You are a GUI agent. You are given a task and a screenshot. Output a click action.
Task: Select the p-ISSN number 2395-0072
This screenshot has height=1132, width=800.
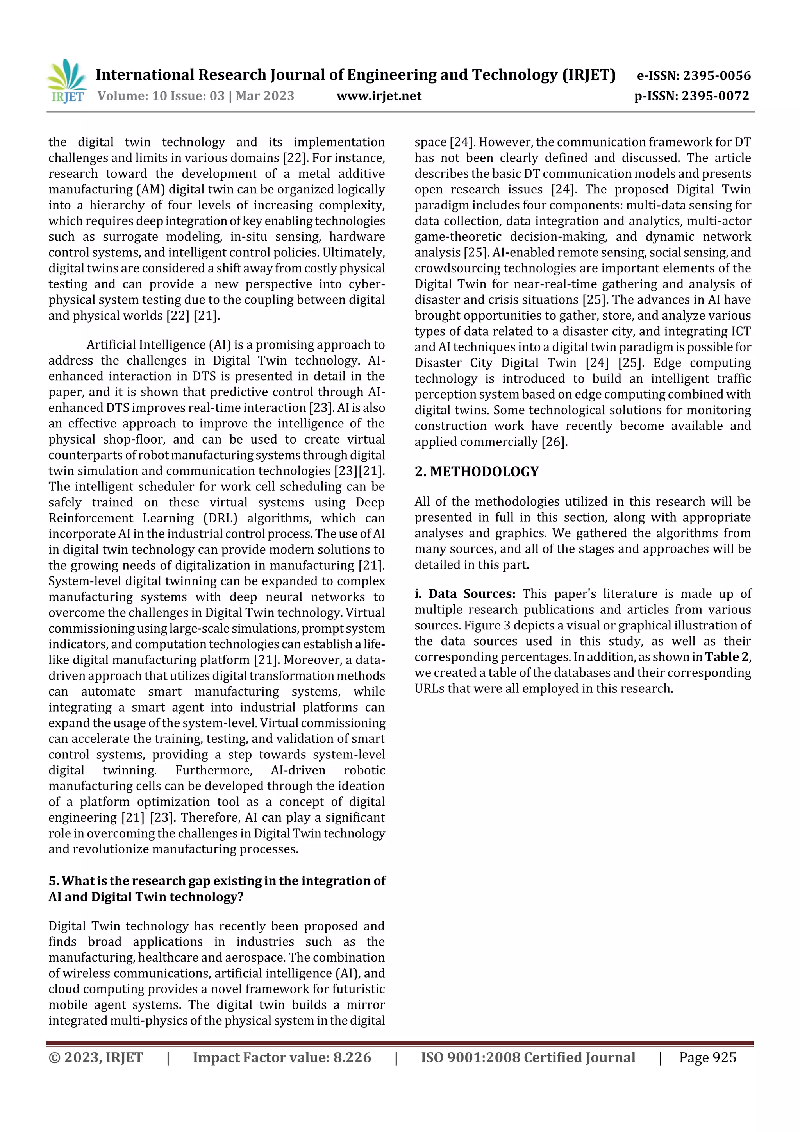[x=715, y=96]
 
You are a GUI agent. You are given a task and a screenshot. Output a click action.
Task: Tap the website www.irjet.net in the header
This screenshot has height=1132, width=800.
[x=379, y=96]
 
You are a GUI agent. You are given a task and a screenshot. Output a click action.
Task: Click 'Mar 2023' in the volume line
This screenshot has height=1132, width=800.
[x=265, y=96]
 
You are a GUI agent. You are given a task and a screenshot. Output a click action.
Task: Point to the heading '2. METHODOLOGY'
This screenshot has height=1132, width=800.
[x=476, y=472]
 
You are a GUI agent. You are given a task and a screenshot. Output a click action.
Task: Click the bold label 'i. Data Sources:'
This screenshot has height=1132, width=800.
[x=464, y=594]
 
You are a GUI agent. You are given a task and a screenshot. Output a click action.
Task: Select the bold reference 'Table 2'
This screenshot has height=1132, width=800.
[x=727, y=657]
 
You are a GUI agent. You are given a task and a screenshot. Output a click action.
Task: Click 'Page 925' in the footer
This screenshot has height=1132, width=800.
[x=707, y=1057]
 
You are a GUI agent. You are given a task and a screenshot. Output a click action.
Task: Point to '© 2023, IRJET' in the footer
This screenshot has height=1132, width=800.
[x=96, y=1057]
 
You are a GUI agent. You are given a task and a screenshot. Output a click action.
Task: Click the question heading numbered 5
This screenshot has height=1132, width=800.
[x=217, y=889]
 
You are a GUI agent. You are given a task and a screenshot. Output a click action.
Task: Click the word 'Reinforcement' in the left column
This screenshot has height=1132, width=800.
[x=91, y=518]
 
